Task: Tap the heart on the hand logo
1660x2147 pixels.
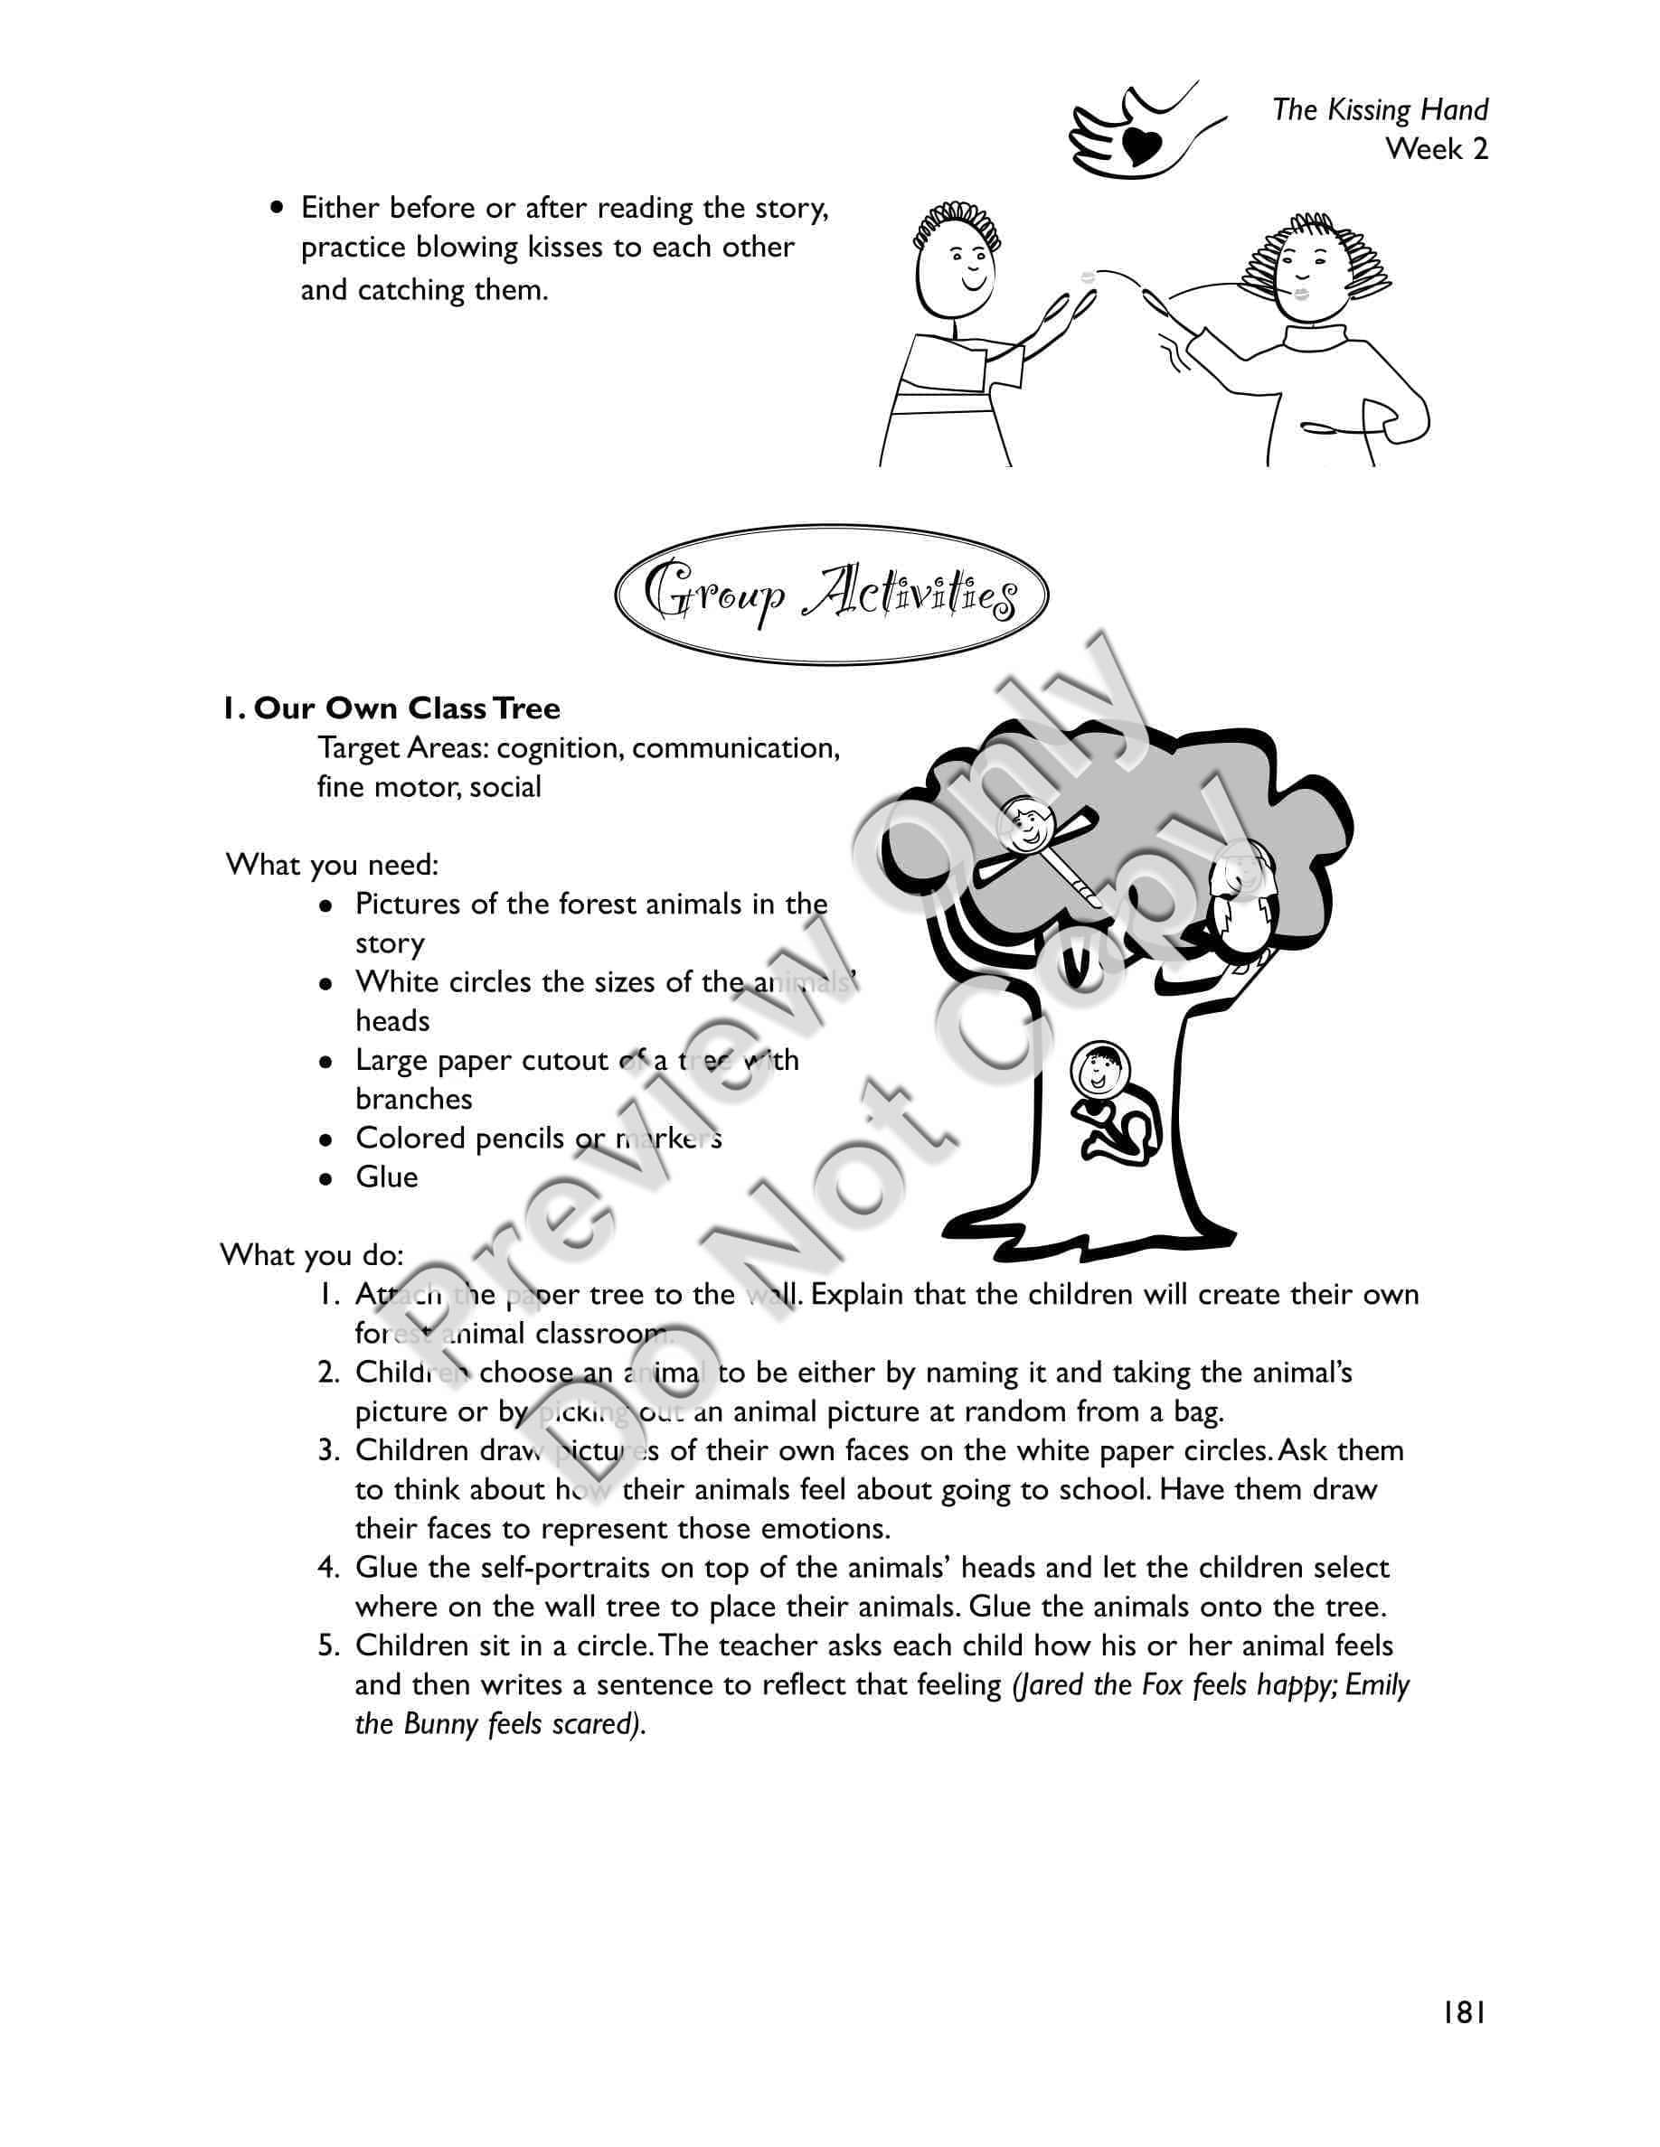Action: (x=1139, y=145)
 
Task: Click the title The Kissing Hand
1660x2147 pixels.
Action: (x=1380, y=109)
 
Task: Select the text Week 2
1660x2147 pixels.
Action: (x=1437, y=149)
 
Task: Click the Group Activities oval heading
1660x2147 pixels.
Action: (x=831, y=595)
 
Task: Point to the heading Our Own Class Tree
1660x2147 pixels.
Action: (x=391, y=708)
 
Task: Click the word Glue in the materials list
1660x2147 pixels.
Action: (x=386, y=1177)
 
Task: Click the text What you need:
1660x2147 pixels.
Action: (x=333, y=865)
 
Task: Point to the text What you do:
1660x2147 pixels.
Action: (x=312, y=1254)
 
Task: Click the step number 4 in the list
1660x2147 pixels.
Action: (x=328, y=1567)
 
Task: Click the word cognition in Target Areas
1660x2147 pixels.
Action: (x=558, y=748)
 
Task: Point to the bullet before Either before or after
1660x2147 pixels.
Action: (x=279, y=209)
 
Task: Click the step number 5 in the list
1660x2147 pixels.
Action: (x=328, y=1645)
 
